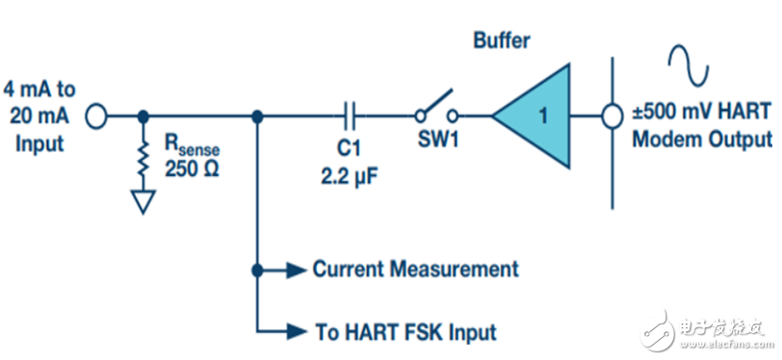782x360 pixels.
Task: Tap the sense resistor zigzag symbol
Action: tap(144, 158)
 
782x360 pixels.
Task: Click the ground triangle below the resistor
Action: tap(144, 200)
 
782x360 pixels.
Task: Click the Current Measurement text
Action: tap(415, 269)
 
